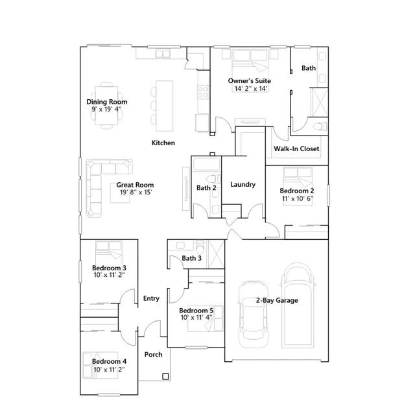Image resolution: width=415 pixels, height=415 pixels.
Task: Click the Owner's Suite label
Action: (x=249, y=80)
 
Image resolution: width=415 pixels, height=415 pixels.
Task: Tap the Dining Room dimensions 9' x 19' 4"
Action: (x=106, y=109)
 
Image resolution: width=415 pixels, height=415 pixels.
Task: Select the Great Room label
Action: (x=135, y=185)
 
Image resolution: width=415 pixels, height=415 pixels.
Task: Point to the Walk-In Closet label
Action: (x=296, y=148)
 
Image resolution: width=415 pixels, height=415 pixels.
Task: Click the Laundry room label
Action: (x=243, y=184)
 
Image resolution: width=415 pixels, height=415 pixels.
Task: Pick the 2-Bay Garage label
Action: (x=277, y=300)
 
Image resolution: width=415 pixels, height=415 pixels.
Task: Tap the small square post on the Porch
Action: (x=165, y=376)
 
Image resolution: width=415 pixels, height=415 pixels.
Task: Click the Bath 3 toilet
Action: (x=200, y=246)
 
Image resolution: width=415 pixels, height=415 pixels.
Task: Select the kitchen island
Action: (x=164, y=106)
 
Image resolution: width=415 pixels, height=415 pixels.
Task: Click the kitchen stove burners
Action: (x=203, y=91)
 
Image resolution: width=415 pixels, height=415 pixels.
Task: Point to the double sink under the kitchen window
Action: (x=163, y=54)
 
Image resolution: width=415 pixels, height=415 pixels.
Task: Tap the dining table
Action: (x=106, y=106)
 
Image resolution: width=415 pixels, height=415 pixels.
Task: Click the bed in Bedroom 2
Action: (x=298, y=186)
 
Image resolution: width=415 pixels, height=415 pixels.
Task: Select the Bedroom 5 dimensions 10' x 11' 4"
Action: (x=196, y=317)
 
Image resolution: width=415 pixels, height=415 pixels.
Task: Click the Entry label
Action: (x=151, y=298)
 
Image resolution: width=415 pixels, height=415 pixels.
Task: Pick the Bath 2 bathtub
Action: (x=206, y=164)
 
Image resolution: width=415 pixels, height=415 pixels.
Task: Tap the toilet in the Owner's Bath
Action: (x=320, y=126)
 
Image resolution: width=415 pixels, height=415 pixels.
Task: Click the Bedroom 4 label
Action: (x=109, y=361)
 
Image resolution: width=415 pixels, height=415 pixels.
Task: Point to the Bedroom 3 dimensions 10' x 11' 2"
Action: (x=109, y=275)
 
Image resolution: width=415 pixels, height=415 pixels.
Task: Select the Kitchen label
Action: (x=163, y=143)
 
